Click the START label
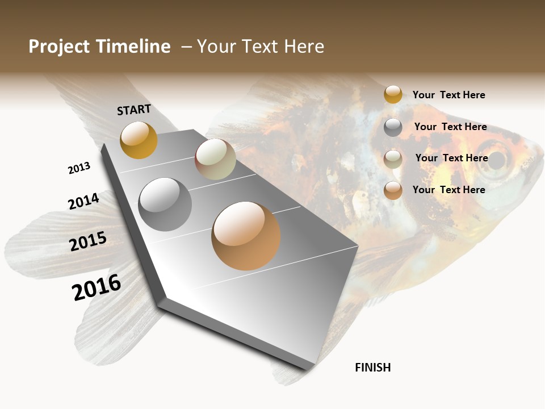pyautogui.click(x=134, y=110)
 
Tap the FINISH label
pyautogui.click(x=372, y=368)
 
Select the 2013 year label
pyautogui.click(x=79, y=168)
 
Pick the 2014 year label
pyautogui.click(x=83, y=201)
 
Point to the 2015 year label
pyautogui.click(x=88, y=241)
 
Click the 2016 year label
pyautogui.click(x=97, y=287)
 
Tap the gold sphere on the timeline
pyautogui.click(x=139, y=140)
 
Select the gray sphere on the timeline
pyautogui.click(x=165, y=204)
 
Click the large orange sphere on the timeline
pyautogui.click(x=246, y=236)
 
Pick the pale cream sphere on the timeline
pyautogui.click(x=215, y=159)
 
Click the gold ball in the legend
pyautogui.click(x=393, y=94)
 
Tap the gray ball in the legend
pyautogui.click(x=393, y=127)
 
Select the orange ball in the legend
pyautogui.click(x=393, y=190)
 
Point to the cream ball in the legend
pyautogui.click(x=393, y=159)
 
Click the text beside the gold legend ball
pyautogui.click(x=448, y=95)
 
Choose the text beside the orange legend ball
pyautogui.click(x=448, y=190)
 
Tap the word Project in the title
pyautogui.click(x=60, y=47)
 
